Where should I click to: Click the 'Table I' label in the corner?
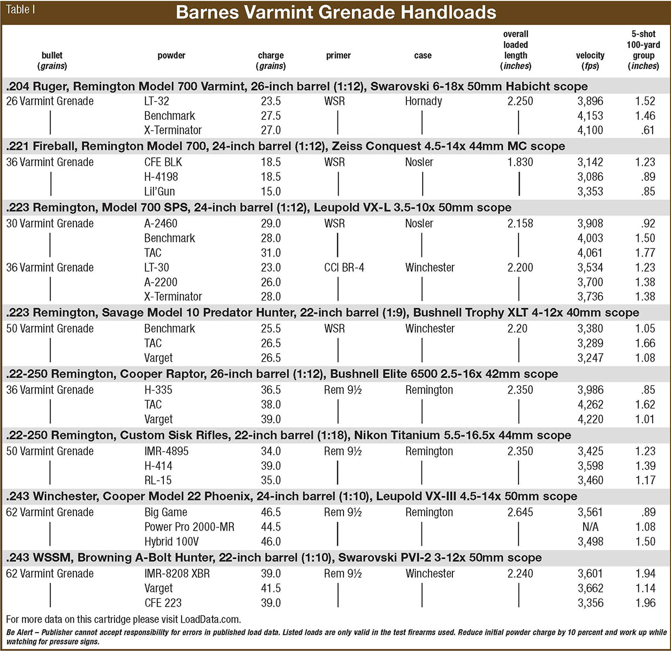tap(20, 10)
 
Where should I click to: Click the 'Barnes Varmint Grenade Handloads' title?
tap(336, 12)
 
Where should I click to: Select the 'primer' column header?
tap(338, 55)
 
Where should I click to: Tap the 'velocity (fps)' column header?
tap(590, 60)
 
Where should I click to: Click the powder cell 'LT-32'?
tap(156, 101)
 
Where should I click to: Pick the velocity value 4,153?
tap(590, 116)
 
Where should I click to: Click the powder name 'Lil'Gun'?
tap(159, 191)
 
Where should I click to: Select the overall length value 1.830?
tap(520, 162)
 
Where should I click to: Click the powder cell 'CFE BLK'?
tap(163, 162)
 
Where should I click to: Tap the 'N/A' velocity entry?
tap(590, 527)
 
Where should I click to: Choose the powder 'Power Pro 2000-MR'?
tap(189, 527)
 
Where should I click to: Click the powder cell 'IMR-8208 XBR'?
tap(177, 573)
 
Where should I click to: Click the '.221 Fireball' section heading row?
tap(285, 146)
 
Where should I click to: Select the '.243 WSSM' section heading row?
tap(273, 558)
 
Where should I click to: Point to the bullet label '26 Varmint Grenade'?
tap(49, 101)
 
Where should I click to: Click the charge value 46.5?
tap(270, 512)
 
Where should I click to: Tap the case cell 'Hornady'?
tap(423, 101)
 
